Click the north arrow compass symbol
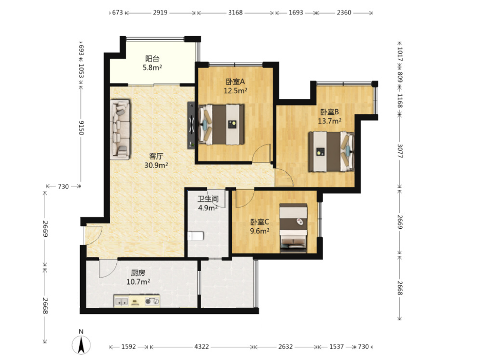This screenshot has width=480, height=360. (x=81, y=345)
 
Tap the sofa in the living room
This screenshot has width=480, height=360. (x=120, y=129)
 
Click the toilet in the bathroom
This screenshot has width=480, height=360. (x=195, y=236)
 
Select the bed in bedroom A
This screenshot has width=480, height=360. (x=221, y=125)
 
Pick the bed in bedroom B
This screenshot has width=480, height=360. (x=331, y=152)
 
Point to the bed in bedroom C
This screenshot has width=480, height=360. (x=293, y=228)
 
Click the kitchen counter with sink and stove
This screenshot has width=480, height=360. (x=137, y=301)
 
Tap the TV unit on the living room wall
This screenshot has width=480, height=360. (x=191, y=125)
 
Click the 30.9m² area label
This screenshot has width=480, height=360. (x=156, y=166)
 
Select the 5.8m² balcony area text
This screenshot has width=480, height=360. (x=152, y=68)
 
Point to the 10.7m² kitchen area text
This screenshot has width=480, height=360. (x=138, y=282)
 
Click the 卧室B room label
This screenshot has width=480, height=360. (x=329, y=112)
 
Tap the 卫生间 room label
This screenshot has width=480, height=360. (x=208, y=199)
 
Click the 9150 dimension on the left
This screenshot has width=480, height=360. (x=81, y=128)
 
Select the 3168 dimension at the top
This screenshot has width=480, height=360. (x=236, y=13)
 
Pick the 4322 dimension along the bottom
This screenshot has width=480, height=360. (x=202, y=346)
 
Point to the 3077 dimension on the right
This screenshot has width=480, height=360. (x=400, y=151)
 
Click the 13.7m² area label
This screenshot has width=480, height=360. (x=329, y=121)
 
